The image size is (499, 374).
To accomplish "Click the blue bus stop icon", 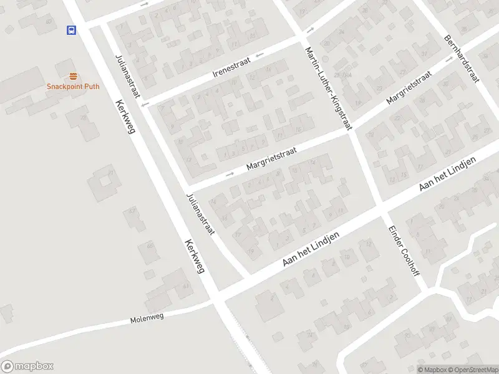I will tap(71, 29).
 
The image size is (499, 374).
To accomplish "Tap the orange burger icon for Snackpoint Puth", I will tap(73, 77).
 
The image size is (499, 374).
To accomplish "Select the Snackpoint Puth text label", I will tap(73, 87).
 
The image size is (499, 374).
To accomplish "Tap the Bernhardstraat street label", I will tap(460, 58).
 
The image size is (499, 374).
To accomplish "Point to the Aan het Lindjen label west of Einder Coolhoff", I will tap(310, 250).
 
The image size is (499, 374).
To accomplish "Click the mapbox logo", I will tap(27, 367).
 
